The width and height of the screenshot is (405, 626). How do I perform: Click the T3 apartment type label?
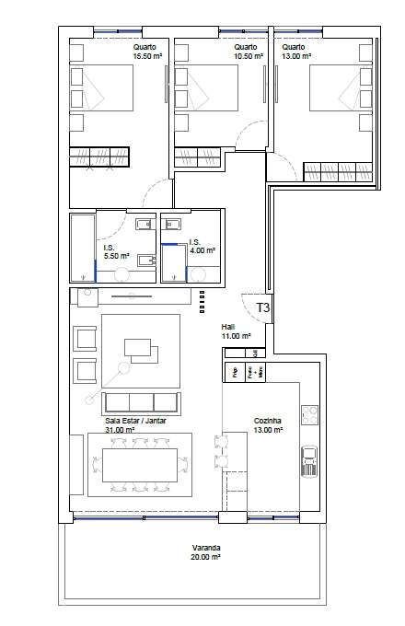(262, 308)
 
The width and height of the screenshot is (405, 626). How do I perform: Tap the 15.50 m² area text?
(146, 56)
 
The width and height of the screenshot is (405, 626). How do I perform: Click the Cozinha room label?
(267, 421)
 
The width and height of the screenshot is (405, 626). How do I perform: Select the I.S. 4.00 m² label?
(203, 249)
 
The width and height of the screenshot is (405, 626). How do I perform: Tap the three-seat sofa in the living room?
(141, 401)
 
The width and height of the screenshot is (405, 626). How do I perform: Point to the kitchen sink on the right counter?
(309, 458)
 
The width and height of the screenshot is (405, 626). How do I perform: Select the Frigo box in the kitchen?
(234, 373)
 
